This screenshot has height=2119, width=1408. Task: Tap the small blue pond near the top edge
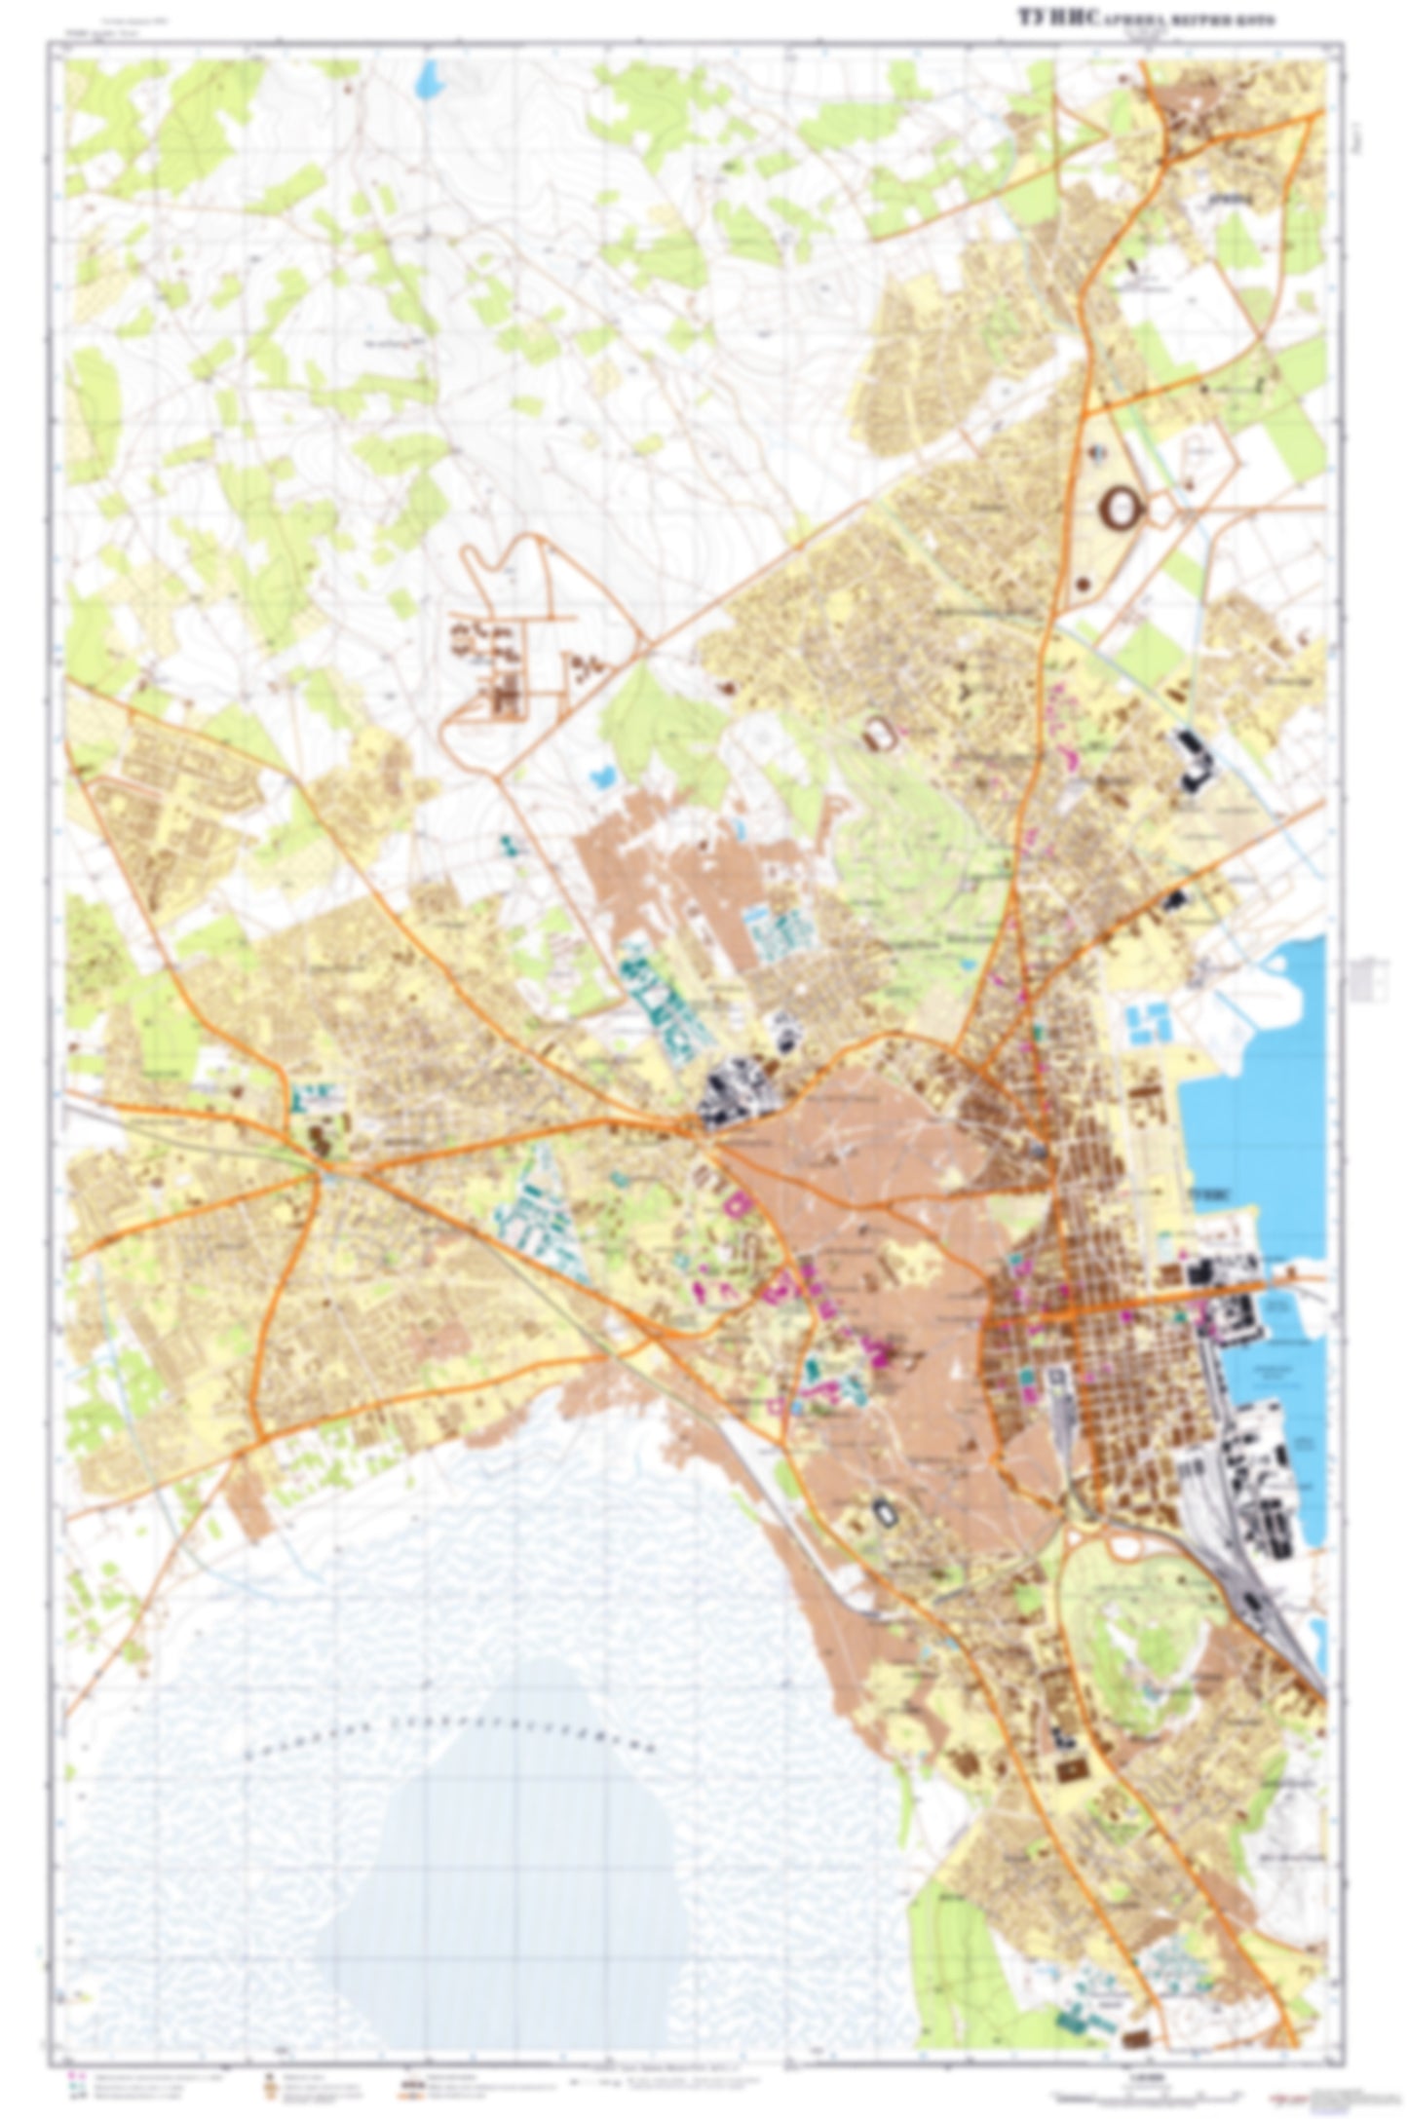426,81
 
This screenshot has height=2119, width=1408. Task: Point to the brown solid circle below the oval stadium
1084,585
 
